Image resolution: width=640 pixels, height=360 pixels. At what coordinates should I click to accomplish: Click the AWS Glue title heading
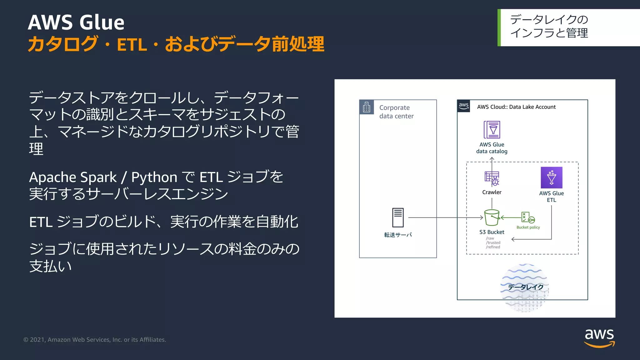coord(76,22)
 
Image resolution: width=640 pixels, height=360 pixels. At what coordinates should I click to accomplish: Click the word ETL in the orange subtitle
coord(132,45)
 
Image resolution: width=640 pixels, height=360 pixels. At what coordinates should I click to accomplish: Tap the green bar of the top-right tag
coord(499,27)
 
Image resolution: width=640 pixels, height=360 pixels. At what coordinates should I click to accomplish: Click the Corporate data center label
coord(396,112)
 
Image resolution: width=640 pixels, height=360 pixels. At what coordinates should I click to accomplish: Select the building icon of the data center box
coord(367,107)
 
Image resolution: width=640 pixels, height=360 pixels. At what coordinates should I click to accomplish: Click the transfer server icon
coord(398,217)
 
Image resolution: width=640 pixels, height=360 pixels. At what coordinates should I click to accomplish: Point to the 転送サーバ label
coord(398,235)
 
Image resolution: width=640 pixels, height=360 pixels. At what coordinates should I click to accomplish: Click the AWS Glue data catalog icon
coord(492,129)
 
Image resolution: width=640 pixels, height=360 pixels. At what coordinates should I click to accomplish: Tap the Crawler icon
coord(492,178)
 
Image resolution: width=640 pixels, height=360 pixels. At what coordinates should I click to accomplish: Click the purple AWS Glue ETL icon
coord(551,177)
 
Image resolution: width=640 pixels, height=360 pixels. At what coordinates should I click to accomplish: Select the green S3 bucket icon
coord(492,217)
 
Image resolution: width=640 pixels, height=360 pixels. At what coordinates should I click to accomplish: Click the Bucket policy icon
coord(527,217)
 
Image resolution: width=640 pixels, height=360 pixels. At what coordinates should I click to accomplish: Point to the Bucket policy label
coord(528,227)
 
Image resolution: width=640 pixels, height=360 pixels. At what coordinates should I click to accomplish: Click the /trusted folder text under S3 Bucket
coord(493,242)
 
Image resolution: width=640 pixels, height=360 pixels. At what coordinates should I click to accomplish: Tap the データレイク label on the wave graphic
coord(525,287)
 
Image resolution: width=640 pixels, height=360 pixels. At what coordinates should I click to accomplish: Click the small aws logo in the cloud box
coord(463,106)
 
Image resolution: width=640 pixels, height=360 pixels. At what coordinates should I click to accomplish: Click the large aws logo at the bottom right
coord(599,337)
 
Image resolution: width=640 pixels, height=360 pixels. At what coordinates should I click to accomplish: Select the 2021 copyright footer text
coord(95,340)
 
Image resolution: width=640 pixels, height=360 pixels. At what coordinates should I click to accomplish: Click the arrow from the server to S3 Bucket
coord(444,217)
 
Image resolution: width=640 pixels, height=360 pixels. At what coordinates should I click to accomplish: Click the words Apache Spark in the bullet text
coord(72,177)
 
